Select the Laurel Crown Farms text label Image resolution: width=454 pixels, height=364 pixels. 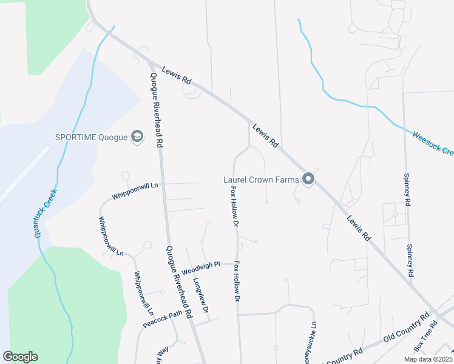pos(262,179)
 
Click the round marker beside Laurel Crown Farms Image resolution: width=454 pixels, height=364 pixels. pos(308,178)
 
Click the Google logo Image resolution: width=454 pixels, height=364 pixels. pos(21,357)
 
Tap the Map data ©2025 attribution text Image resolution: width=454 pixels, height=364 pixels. pos(428,359)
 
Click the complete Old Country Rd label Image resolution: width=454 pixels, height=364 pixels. pos(405,329)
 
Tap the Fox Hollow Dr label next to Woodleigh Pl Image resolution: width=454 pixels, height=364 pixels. pos(238,283)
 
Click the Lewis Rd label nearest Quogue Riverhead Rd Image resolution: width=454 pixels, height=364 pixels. pos(177,76)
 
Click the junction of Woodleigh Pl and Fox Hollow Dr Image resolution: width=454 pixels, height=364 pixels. pos(235,264)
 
